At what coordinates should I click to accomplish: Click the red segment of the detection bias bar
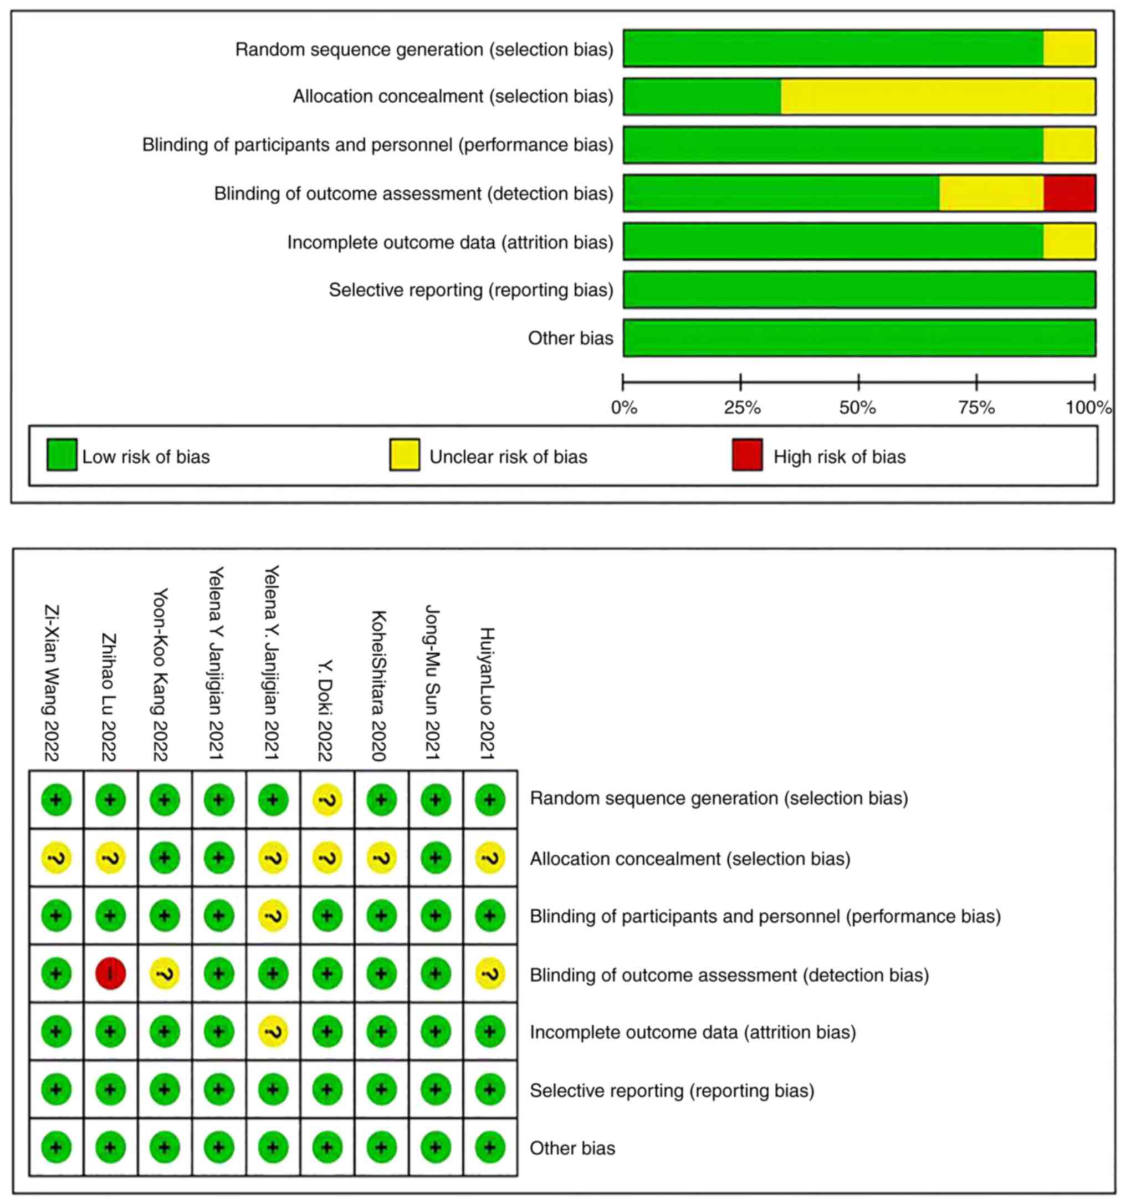tap(1068, 193)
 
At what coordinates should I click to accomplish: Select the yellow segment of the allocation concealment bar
tap(938, 96)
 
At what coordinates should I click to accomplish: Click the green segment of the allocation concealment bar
tap(702, 96)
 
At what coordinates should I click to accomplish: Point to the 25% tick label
tap(742, 408)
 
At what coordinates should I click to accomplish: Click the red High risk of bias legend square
tap(747, 455)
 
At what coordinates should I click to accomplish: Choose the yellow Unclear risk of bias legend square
tap(405, 455)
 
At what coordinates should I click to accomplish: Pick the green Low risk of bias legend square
tap(62, 455)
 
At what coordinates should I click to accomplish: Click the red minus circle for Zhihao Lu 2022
tap(110, 973)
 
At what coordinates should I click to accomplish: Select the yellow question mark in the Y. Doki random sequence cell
tap(327, 800)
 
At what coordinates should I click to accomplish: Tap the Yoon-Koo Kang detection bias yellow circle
tap(165, 973)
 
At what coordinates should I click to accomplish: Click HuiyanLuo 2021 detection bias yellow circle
tap(490, 973)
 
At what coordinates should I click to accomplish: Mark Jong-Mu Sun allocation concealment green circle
tap(436, 857)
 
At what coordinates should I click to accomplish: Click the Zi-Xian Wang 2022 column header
tap(52, 683)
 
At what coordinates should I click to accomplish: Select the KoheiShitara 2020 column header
tap(378, 686)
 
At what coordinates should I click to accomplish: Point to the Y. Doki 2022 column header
tap(325, 710)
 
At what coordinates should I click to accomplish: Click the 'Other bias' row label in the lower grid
tap(572, 1148)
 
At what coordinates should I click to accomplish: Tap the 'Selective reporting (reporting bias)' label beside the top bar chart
tap(470, 290)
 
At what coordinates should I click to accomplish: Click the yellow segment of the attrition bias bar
tap(1068, 241)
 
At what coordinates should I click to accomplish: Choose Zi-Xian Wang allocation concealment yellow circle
tap(56, 857)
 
